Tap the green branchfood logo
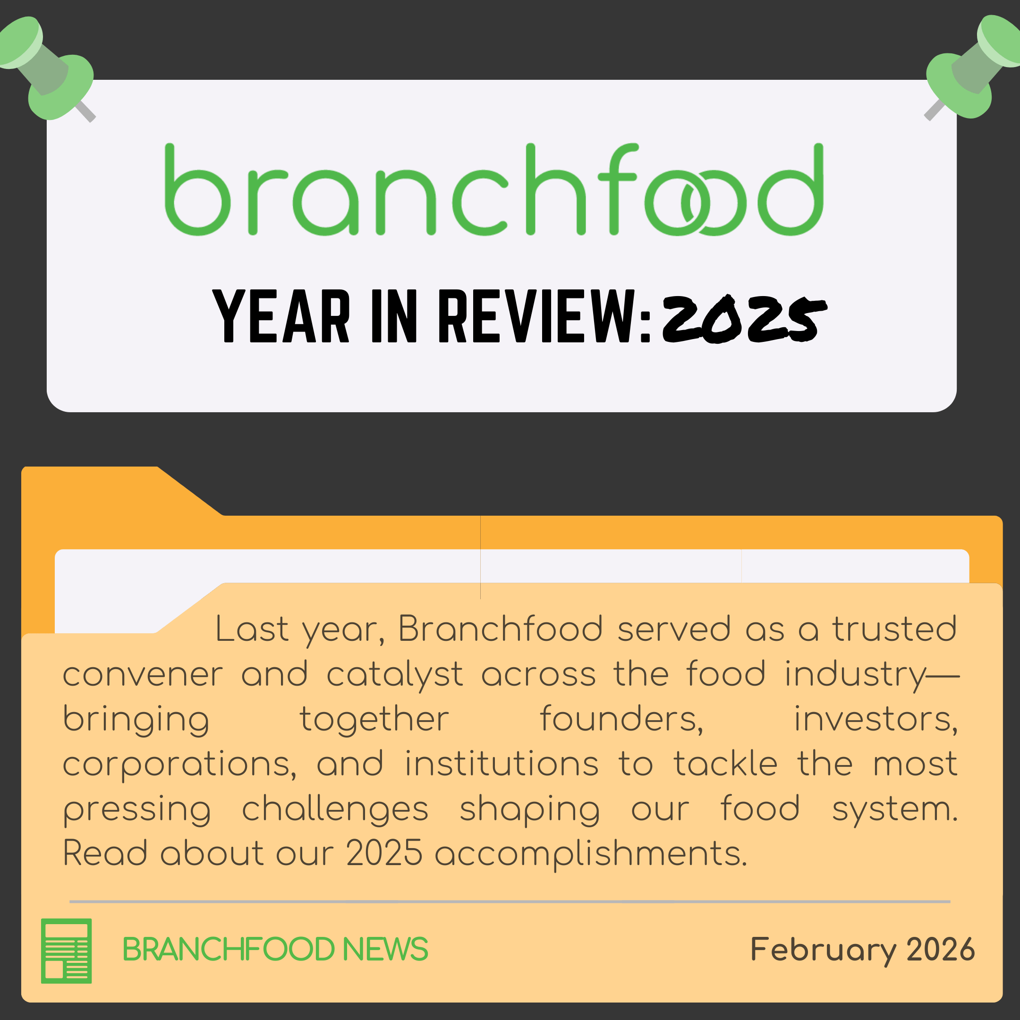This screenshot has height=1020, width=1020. pos(493,190)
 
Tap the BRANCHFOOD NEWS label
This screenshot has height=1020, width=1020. pos(275,949)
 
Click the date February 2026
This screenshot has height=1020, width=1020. pos(862,949)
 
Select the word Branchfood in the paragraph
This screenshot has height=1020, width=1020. pos(501,629)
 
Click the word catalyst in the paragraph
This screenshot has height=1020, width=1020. pos(395,675)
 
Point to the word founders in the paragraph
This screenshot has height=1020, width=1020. pos(621,719)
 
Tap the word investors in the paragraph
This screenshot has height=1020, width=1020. pos(876,719)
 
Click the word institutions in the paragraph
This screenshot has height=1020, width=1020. pos(502,764)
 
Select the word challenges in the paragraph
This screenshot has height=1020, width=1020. pos(335,809)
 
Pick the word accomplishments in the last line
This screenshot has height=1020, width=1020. pos(591,854)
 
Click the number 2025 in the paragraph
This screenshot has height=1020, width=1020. pos(384,853)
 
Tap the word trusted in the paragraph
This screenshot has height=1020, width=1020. pos(895,629)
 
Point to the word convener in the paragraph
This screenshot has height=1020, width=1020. pos(143,675)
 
